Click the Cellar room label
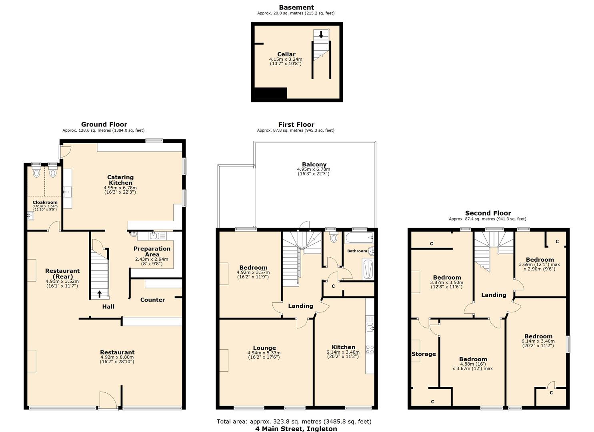pos(286,54)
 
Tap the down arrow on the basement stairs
pos(321,35)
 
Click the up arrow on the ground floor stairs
pos(100,294)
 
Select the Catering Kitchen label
pos(120,180)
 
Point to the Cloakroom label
pos(45,202)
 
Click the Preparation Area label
pos(152,252)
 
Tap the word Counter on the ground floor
pos(152,300)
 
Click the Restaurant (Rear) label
pos(62,274)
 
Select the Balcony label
pos(314,165)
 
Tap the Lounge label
pos(264,348)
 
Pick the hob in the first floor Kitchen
pos(370,349)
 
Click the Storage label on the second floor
pos(424,354)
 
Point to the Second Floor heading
pos(488,213)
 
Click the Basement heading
pos(296,8)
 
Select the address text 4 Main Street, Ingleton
pos(296,428)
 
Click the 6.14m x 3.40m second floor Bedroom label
pos(538,341)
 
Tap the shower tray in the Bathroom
pos(368,269)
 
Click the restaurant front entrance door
pos(108,400)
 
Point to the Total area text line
pos(294,421)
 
